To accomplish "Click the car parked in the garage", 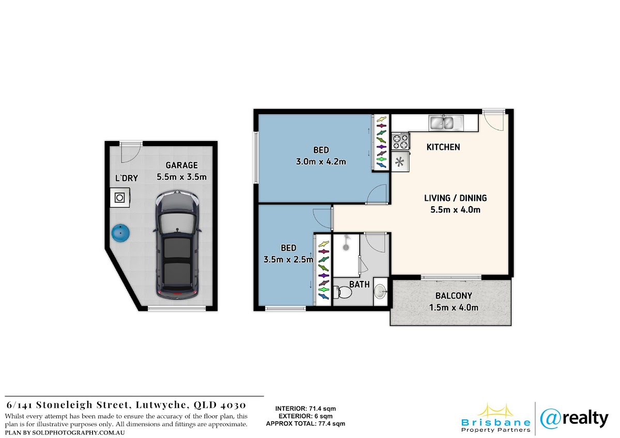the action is (x=177, y=245).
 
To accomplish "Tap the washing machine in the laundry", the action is (x=120, y=197).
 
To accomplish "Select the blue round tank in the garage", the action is (x=121, y=233).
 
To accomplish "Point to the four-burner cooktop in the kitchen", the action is (x=400, y=141).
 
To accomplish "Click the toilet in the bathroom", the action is (x=342, y=292).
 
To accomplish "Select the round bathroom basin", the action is (x=380, y=291).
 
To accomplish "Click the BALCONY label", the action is (x=454, y=296).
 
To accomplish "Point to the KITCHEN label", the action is (x=443, y=147).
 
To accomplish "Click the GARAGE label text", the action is (x=181, y=165).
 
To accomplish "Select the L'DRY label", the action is (x=127, y=178).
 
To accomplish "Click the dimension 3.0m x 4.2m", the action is (x=321, y=162).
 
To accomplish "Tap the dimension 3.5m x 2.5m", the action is (x=288, y=259).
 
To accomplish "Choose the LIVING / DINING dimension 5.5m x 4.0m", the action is (x=455, y=210).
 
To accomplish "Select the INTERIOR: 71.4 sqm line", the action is (x=305, y=409).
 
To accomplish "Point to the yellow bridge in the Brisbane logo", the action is (x=495, y=411).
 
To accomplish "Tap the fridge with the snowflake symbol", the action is (x=400, y=162).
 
